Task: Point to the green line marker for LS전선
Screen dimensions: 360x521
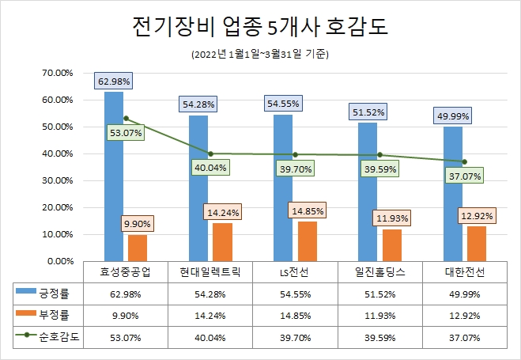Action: pyautogui.click(x=295, y=154)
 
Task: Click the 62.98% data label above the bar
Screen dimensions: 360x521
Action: pyautogui.click(x=114, y=81)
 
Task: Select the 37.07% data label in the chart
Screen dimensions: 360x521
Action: pyautogui.click(x=464, y=176)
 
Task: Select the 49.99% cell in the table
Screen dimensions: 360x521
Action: pyautogui.click(x=464, y=294)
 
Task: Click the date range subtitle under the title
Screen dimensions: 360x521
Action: pyautogui.click(x=260, y=55)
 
